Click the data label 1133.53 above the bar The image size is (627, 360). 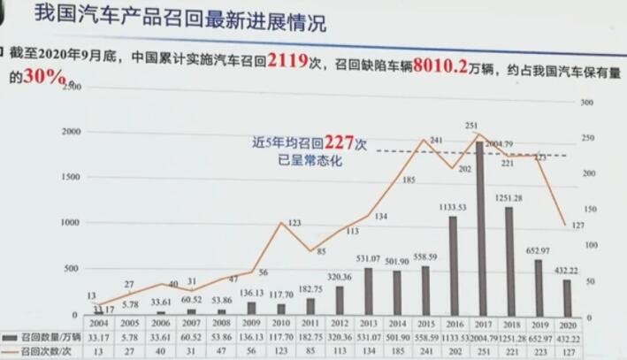click(x=453, y=209)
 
